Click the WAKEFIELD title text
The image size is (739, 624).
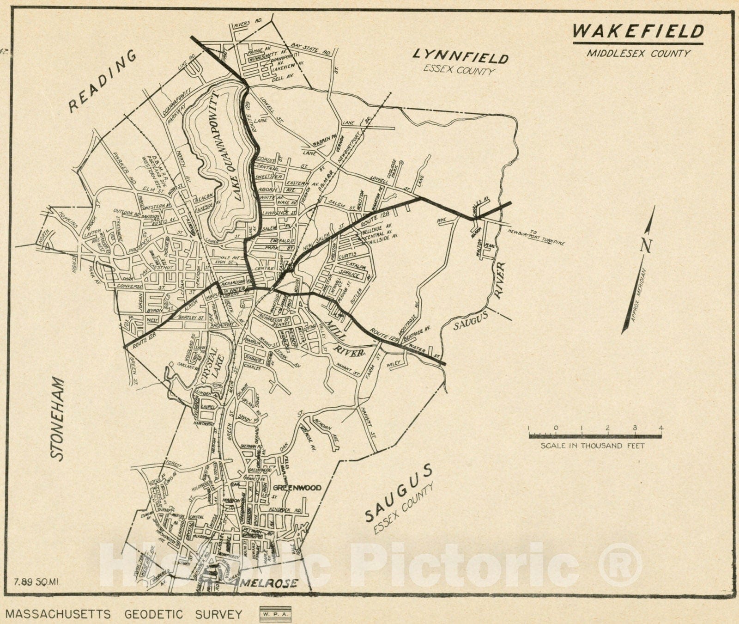(638, 31)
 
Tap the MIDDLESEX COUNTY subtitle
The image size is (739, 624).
(638, 53)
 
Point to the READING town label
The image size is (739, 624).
(103, 81)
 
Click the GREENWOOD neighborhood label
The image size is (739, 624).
(296, 488)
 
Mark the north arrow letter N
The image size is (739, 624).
(645, 245)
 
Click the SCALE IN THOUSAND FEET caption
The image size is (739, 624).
(592, 446)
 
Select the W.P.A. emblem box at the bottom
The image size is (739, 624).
(275, 614)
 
